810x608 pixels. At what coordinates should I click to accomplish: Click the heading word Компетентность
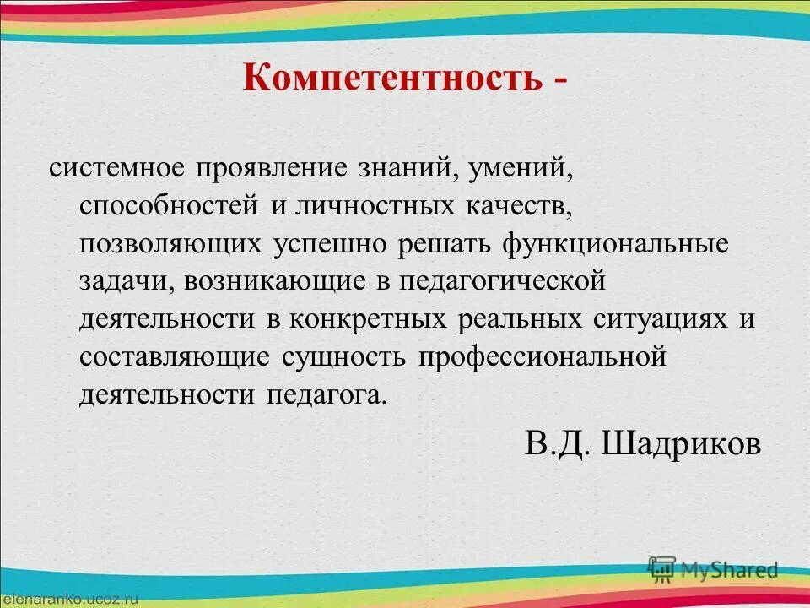pos(391,79)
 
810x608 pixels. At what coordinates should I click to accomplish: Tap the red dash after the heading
pos(559,80)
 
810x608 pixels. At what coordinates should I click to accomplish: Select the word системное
pos(116,167)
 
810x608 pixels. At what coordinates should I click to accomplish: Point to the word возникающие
pos(272,281)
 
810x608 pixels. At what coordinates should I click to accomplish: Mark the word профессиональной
pos(543,357)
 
